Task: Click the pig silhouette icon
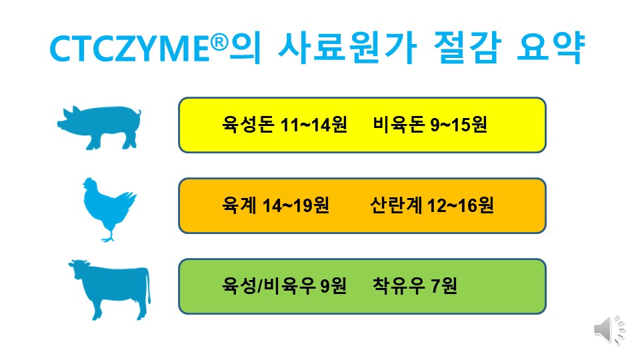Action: pos(101,126)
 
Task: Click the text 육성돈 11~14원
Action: pos(285,125)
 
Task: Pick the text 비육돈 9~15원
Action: pos(430,125)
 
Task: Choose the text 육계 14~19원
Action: pos(275,205)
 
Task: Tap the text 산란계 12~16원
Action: pos(431,205)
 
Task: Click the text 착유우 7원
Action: pos(416,287)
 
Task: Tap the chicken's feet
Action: pos(107,237)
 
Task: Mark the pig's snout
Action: pos(60,124)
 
